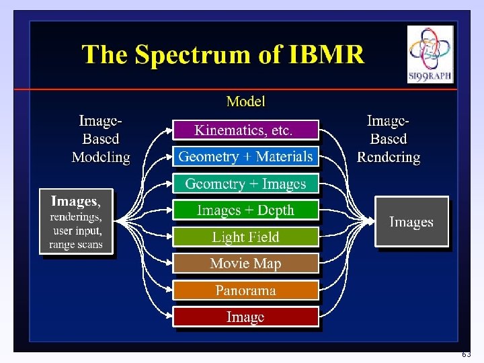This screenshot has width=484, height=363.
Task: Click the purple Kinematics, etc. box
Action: (245, 130)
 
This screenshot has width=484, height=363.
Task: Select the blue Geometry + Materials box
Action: (245, 157)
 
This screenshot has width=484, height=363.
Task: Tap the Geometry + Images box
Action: (245, 184)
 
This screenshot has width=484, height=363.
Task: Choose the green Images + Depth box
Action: (245, 210)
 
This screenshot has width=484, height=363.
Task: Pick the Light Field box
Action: (245, 237)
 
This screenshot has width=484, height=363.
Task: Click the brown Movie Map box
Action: (245, 264)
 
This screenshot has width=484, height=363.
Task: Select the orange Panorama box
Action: (245, 290)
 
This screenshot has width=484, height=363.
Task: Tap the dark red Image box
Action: (245, 317)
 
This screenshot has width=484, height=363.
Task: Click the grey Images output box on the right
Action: (411, 222)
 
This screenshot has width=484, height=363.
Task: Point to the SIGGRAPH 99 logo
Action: (430, 54)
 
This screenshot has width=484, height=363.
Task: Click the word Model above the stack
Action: (245, 102)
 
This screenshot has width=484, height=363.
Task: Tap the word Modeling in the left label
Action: (101, 157)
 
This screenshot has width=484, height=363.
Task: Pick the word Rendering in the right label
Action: (389, 157)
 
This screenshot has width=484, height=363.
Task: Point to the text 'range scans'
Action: (76, 245)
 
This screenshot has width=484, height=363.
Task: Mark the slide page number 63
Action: (466, 354)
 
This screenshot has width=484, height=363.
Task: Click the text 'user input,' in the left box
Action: (76, 231)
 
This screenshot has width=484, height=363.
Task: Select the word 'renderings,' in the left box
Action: (76, 216)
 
